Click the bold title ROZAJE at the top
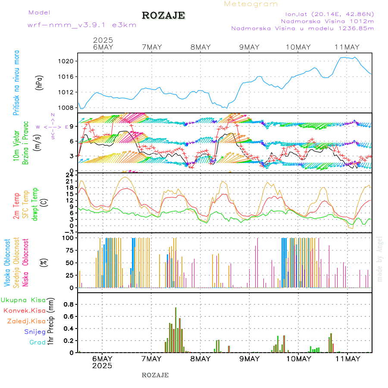[x=163, y=16]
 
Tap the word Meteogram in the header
[x=251, y=4]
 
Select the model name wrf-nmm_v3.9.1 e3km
[x=82, y=25]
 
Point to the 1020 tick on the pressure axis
[x=67, y=61]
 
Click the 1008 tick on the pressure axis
[x=67, y=108]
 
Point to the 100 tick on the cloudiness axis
[x=69, y=238]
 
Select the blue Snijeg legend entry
[x=34, y=332]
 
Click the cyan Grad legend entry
[x=37, y=343]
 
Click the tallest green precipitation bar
[x=175, y=330]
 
